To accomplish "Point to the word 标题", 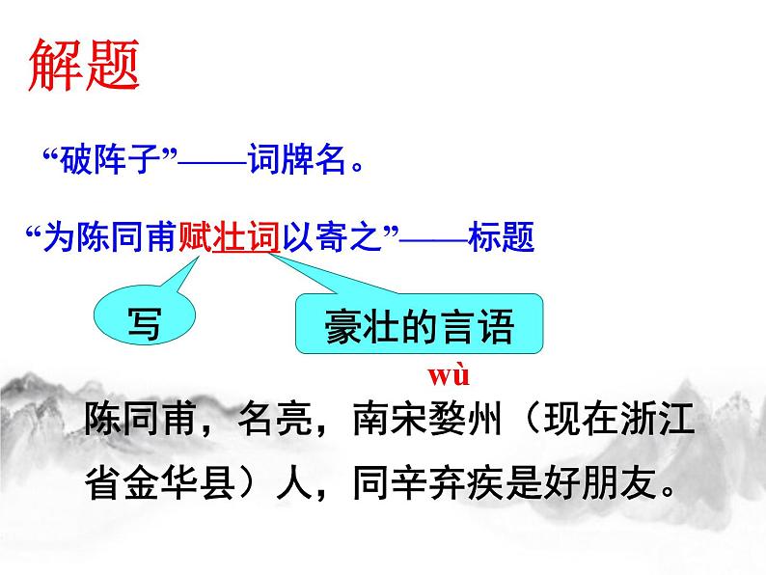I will pos(502,236).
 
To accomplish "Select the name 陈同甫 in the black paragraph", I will pos(144,422).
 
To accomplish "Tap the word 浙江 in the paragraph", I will pos(665,422).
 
